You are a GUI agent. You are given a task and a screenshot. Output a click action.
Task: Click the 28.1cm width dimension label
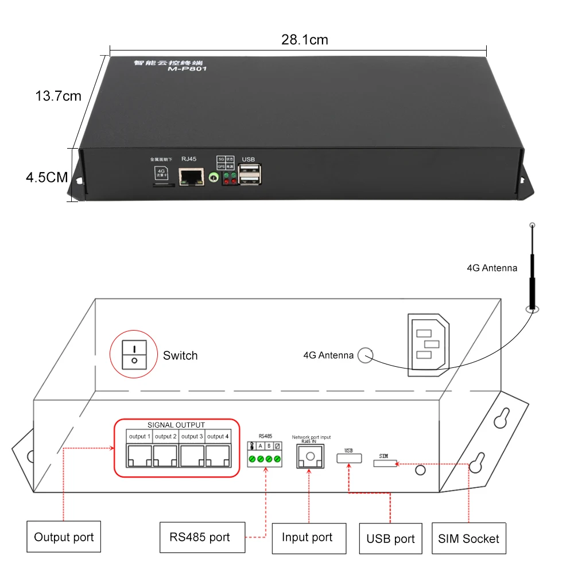304,40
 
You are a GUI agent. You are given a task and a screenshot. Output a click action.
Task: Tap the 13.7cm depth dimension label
59,96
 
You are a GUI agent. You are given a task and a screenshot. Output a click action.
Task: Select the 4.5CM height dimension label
47,177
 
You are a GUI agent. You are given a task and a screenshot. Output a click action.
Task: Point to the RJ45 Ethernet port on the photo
191,177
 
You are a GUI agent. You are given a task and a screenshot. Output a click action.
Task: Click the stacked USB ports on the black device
251,173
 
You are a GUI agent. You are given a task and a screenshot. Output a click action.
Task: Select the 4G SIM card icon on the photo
161,174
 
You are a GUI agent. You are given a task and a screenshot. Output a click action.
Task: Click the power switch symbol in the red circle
134,354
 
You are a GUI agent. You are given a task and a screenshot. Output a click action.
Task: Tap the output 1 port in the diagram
139,455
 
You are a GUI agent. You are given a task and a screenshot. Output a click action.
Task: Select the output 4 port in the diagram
219,455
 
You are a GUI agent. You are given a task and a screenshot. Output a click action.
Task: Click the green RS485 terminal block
265,459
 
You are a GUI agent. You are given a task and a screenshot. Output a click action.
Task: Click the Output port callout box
64,537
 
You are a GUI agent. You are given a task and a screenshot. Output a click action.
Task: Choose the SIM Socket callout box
468,538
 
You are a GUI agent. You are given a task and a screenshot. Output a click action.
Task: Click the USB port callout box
390,539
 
